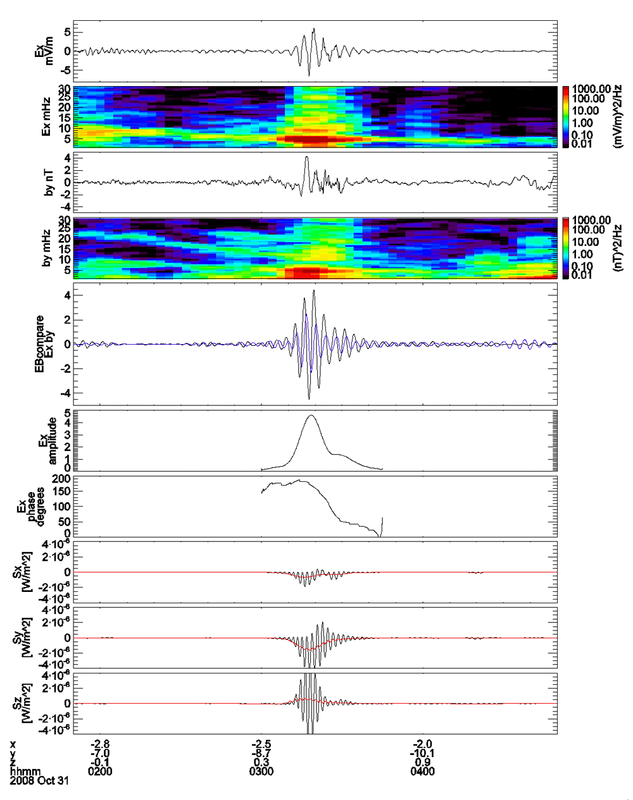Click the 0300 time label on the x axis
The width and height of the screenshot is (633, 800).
(261, 772)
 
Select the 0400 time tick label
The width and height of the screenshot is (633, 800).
(422, 772)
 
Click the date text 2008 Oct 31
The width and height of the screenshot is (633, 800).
(39, 780)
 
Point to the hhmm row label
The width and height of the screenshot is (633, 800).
(25, 772)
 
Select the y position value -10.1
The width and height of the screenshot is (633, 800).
(422, 753)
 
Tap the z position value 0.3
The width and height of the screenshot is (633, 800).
(261, 762)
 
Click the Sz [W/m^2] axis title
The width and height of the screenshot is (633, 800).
(22, 703)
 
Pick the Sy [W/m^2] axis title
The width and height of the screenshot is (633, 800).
(22, 638)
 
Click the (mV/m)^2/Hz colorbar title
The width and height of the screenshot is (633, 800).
(618, 116)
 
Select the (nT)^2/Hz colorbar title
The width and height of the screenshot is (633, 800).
(618, 248)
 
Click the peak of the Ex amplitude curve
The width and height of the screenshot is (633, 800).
(311, 415)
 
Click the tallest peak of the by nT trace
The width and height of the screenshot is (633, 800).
(306, 157)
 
